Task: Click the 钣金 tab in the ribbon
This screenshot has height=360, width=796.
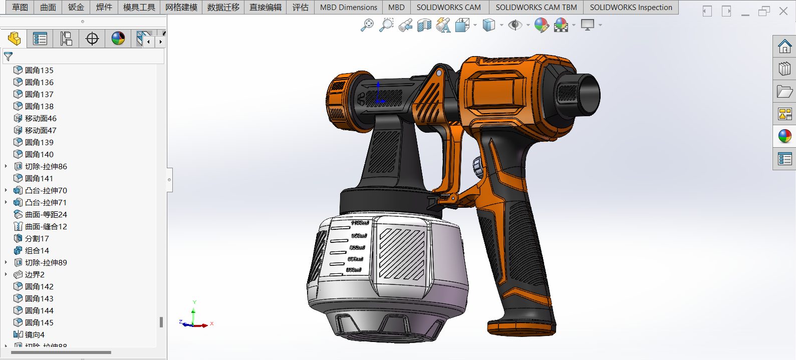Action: (x=76, y=7)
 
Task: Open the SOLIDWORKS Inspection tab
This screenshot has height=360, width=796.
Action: (x=631, y=7)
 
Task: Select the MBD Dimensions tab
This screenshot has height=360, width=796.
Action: (x=348, y=7)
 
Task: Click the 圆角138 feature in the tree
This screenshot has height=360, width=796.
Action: (x=39, y=106)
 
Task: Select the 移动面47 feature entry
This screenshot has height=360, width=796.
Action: (x=41, y=130)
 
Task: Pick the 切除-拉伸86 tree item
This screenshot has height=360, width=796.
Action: (x=46, y=166)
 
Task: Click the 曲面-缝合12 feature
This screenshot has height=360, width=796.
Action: (x=46, y=226)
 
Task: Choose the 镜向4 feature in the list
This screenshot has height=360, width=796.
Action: (x=35, y=334)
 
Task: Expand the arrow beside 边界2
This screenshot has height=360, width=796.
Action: (x=6, y=274)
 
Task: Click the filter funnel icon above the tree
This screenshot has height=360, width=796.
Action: (x=8, y=57)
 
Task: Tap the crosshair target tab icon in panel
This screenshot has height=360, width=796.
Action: (x=92, y=39)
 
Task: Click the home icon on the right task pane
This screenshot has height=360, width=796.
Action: (x=784, y=47)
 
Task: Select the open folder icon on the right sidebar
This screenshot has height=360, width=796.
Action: (x=784, y=91)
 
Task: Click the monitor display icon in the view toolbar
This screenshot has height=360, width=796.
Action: (x=587, y=25)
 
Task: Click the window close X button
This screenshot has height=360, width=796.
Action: (x=783, y=11)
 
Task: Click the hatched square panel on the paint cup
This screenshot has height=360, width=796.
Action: (x=401, y=253)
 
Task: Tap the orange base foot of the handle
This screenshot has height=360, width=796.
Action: (x=521, y=328)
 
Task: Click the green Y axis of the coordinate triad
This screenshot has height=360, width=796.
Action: (x=194, y=313)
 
